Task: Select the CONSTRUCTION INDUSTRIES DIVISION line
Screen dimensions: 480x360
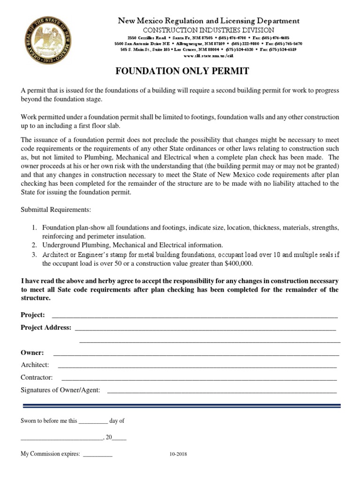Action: click(x=209, y=30)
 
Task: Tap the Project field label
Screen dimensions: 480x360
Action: click(x=33, y=315)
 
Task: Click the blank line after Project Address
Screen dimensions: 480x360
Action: click(x=205, y=328)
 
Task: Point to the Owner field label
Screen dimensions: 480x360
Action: click(x=32, y=352)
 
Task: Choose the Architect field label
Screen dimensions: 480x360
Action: click(x=35, y=365)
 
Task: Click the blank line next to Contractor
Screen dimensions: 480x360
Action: click(x=199, y=378)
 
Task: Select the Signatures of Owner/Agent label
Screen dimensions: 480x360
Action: click(x=60, y=390)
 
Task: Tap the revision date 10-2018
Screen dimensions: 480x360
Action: click(x=178, y=454)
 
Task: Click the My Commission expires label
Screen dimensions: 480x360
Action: click(x=51, y=454)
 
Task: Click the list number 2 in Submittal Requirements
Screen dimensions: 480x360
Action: click(x=34, y=245)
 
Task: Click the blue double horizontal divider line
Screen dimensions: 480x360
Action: click(x=180, y=405)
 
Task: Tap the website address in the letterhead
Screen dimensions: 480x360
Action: click(x=208, y=55)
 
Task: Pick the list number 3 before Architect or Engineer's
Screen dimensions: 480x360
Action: click(x=34, y=255)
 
